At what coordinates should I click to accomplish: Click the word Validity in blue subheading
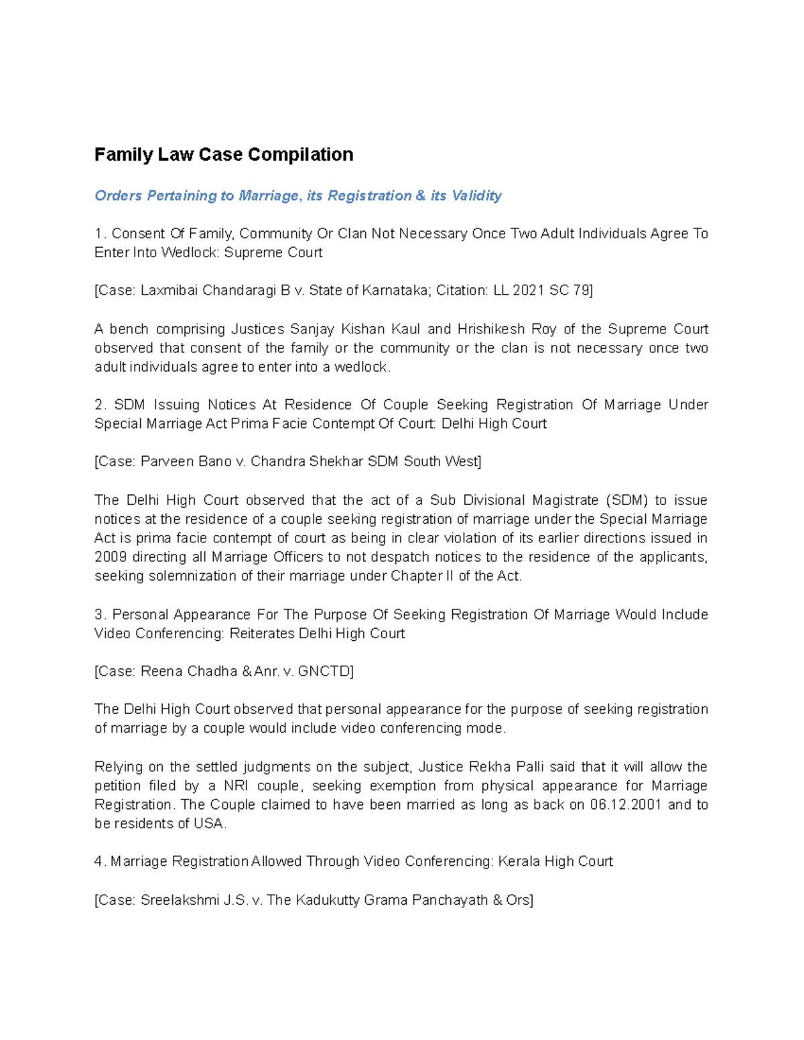476,196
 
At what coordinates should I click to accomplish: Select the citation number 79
580,291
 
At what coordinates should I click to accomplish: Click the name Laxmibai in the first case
169,291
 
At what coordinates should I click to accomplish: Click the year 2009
110,557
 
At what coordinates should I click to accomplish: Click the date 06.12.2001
626,805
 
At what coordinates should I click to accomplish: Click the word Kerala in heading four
519,862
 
